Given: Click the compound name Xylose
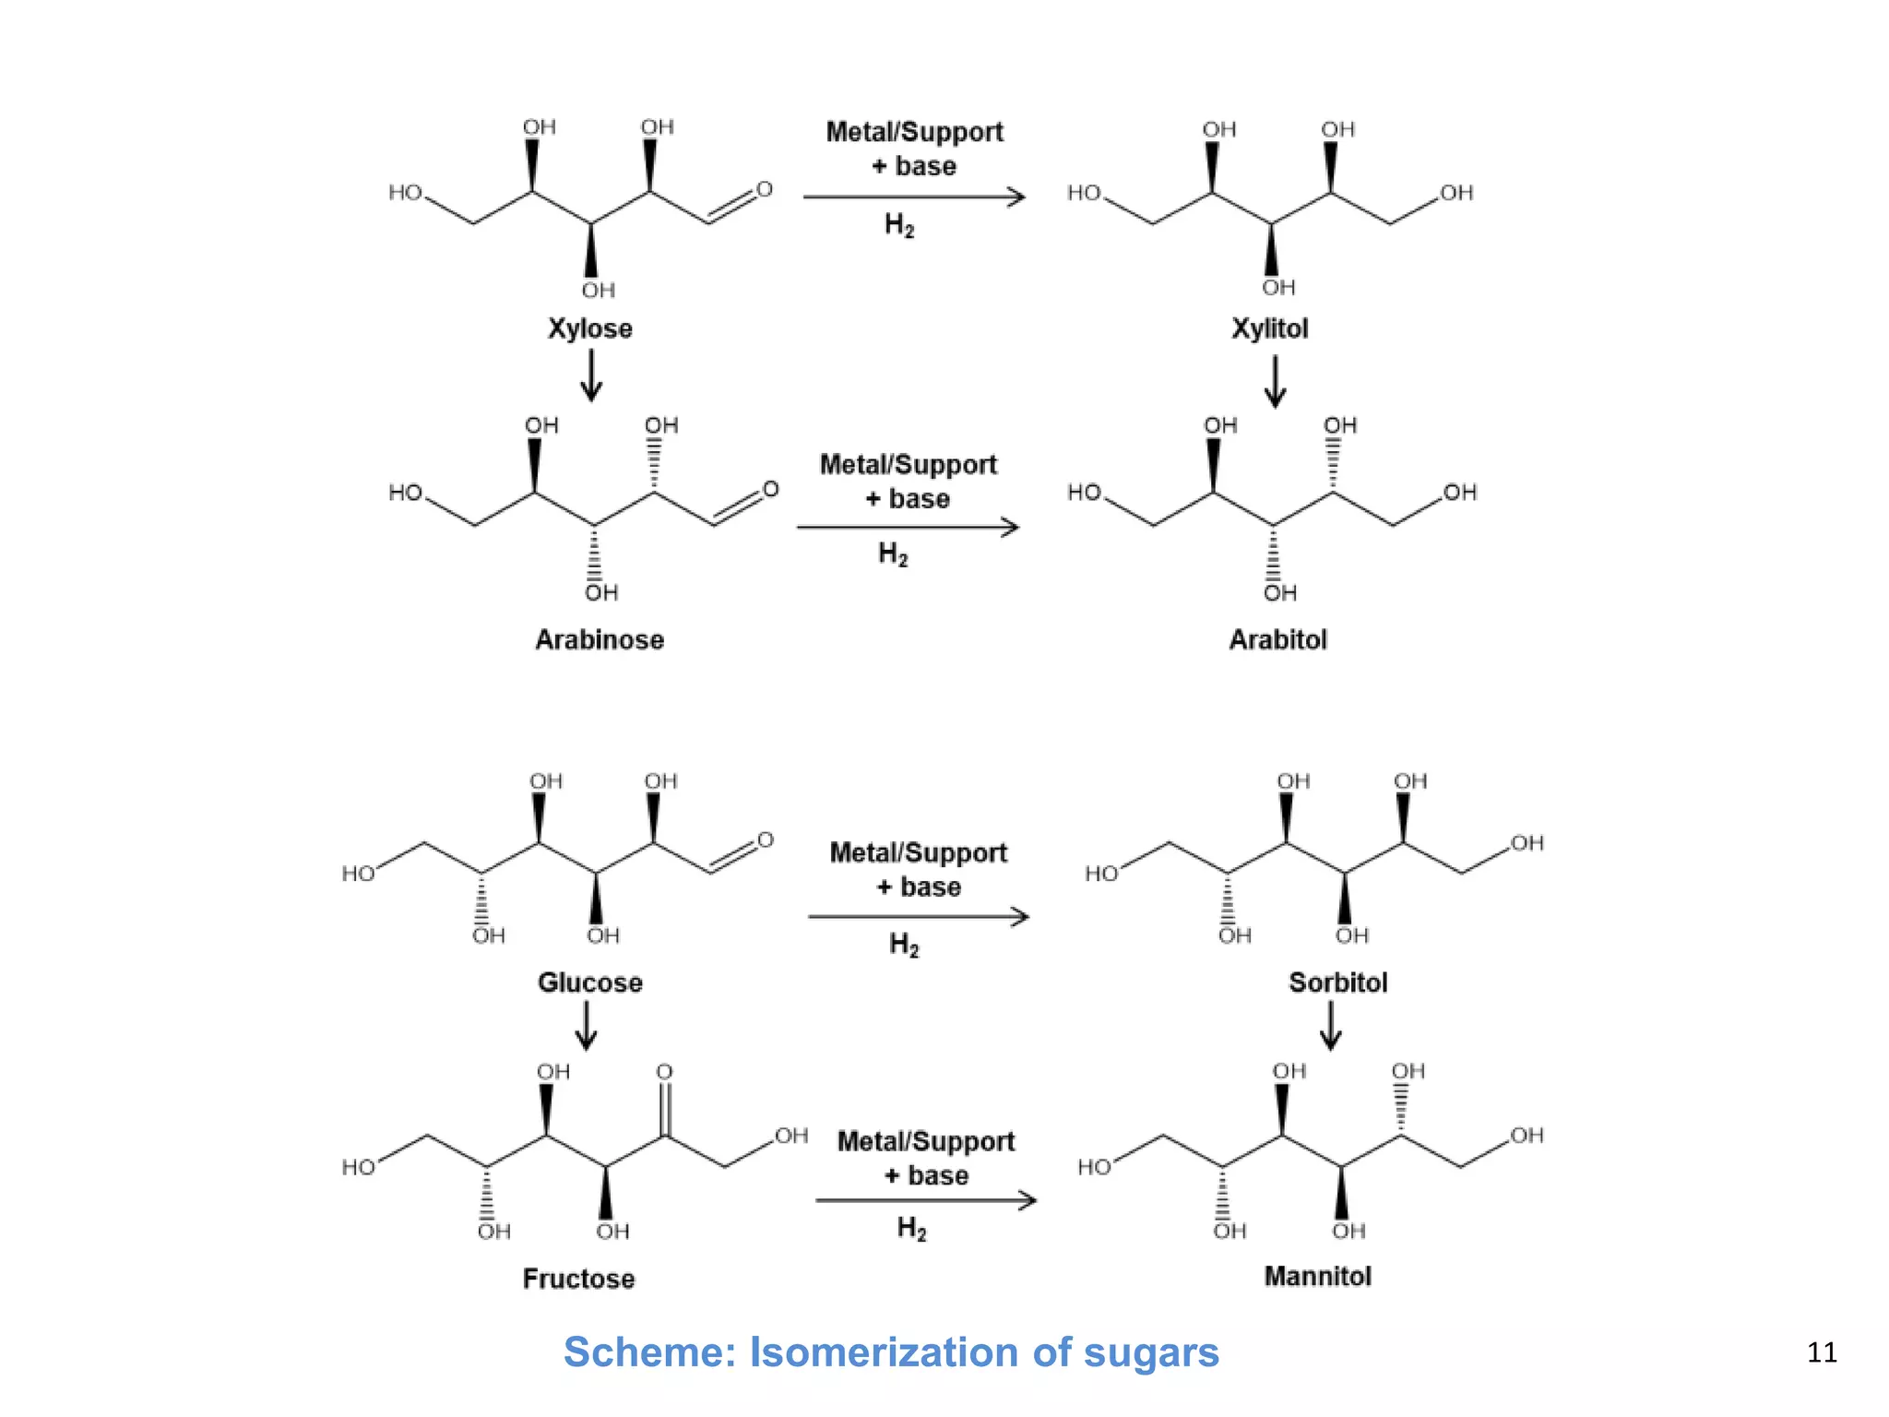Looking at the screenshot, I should pyautogui.click(x=590, y=328).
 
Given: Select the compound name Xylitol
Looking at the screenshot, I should pyautogui.click(x=1270, y=328).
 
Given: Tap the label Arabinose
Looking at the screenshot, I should pyautogui.click(x=600, y=639).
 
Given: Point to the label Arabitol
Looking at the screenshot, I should pyautogui.click(x=1277, y=639).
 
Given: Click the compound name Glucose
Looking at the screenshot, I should pyautogui.click(x=590, y=982).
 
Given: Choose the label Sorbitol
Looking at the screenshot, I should pyautogui.click(x=1337, y=982).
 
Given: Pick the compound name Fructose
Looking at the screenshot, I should pyautogui.click(x=578, y=1279).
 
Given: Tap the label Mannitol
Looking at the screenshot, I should pyautogui.click(x=1317, y=1276).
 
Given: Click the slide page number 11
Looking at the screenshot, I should pyautogui.click(x=1822, y=1352).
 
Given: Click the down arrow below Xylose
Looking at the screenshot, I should pyautogui.click(x=591, y=377).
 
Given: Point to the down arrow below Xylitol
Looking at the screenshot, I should pyautogui.click(x=1275, y=382).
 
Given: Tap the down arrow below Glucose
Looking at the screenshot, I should pyautogui.click(x=587, y=1026).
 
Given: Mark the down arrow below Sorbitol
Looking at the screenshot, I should pyautogui.click(x=1330, y=1026).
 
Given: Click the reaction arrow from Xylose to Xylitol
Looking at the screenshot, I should pyautogui.click(x=913, y=196).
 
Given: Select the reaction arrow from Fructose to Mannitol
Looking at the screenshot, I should pyautogui.click(x=925, y=1200).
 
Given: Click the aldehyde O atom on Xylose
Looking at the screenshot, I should pyautogui.click(x=765, y=189).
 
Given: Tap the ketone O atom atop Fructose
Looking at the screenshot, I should pyautogui.click(x=664, y=1072).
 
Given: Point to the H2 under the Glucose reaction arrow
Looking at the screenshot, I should pyautogui.click(x=904, y=945).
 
